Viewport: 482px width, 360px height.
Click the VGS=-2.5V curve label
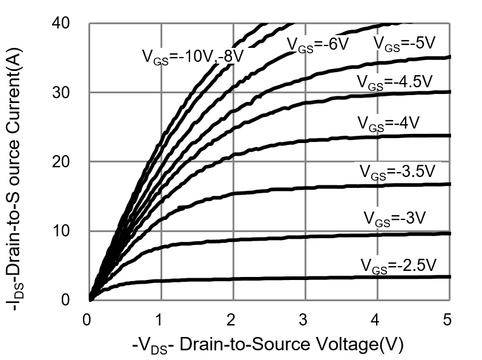[x=398, y=265]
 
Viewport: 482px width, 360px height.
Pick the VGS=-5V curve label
[x=404, y=44]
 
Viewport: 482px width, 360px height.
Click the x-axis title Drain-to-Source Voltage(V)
[x=267, y=345]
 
